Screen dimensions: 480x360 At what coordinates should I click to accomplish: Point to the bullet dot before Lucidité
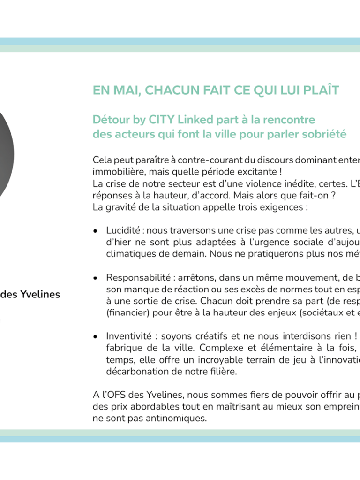(96, 231)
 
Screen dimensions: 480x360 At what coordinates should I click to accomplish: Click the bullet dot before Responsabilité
(96, 278)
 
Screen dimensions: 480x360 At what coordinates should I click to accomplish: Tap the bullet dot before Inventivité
(96, 337)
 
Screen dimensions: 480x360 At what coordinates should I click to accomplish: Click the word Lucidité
(123, 230)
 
